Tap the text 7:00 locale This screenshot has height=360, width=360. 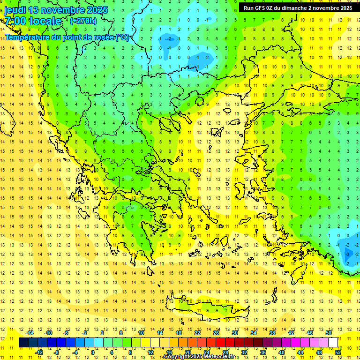click(33, 21)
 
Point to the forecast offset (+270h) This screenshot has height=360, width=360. click(83, 21)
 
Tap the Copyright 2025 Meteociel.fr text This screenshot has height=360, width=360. click(199, 357)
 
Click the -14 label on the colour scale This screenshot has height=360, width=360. click(30, 333)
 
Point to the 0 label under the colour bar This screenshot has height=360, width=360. click(92, 352)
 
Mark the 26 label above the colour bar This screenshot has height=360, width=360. click(216, 333)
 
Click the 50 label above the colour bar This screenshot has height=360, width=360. click(329, 333)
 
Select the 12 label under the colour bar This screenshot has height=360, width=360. click(150, 352)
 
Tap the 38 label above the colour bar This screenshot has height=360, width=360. click(272, 333)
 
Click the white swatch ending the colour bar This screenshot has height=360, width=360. click(333, 343)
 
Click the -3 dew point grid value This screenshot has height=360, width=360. click(347, 254)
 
